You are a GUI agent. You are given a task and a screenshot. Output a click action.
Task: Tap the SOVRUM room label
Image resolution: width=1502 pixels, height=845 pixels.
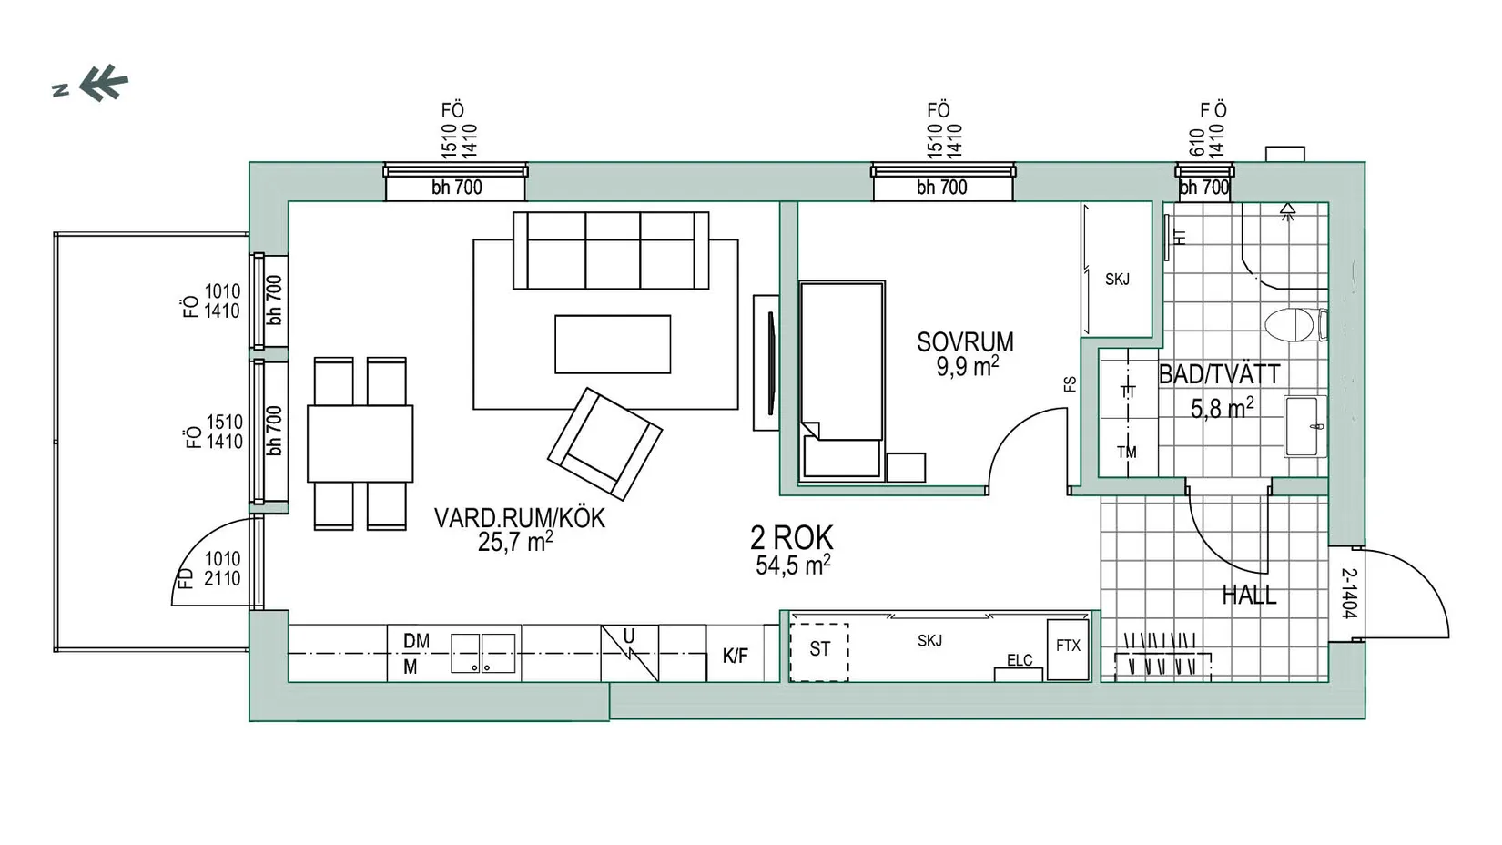[965, 342]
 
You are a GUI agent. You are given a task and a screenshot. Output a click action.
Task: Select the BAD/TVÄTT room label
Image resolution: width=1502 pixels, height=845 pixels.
[1220, 374]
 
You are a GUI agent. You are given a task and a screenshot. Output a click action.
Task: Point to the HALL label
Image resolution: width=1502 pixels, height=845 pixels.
[1249, 595]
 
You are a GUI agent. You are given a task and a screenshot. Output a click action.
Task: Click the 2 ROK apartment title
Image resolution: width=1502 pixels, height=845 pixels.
[792, 538]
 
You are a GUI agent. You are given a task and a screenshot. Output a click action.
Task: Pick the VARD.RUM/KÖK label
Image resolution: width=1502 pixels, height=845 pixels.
[520, 518]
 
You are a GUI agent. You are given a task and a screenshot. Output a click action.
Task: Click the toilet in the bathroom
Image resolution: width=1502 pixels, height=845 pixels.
[1295, 324]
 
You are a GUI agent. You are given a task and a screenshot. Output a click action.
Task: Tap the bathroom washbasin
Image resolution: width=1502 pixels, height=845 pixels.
[1304, 426]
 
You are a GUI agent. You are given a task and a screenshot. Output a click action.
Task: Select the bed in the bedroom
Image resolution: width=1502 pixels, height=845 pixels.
[842, 382]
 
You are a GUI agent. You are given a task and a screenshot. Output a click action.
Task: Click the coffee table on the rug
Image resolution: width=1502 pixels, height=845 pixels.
[613, 344]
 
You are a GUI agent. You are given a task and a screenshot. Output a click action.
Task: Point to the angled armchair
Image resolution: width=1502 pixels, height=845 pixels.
[604, 444]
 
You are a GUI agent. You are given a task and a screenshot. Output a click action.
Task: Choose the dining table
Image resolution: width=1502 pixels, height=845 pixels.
[360, 443]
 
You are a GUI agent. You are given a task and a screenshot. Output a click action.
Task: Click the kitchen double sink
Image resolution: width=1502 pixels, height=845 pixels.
[482, 653]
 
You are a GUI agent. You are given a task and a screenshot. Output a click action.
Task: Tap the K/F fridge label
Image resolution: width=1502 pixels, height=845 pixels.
[736, 656]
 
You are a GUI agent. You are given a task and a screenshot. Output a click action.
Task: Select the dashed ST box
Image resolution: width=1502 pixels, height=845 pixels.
[818, 652]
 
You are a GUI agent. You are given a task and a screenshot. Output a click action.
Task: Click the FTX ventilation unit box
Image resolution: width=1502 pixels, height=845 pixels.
[1068, 649]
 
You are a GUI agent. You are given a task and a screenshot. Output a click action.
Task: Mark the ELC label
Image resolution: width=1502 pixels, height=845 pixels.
[1020, 660]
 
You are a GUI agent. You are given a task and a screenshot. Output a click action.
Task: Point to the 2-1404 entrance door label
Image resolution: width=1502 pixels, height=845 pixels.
[1349, 594]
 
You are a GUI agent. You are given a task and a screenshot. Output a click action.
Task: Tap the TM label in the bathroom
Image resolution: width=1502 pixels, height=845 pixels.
[1127, 452]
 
